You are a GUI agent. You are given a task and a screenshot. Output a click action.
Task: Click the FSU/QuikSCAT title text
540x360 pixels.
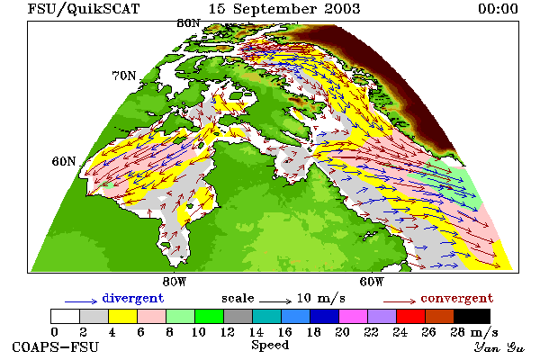(x=84, y=9)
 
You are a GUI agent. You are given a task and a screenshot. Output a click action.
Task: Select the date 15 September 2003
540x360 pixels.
(x=284, y=9)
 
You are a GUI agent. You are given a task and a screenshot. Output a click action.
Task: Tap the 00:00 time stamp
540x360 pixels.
(x=498, y=9)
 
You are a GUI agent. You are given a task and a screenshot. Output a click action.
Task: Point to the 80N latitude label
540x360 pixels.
(x=188, y=23)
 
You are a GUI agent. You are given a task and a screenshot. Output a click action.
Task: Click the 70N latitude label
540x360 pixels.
(x=124, y=76)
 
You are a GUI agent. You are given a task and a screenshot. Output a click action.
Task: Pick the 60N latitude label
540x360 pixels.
(x=64, y=161)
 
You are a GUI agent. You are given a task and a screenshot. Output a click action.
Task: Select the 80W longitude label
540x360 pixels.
(x=175, y=282)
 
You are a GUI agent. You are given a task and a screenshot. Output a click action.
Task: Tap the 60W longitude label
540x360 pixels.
(x=372, y=282)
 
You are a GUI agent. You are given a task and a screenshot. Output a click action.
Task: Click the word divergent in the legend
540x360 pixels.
(x=133, y=298)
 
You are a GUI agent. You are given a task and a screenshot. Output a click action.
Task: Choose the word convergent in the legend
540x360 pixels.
(x=456, y=298)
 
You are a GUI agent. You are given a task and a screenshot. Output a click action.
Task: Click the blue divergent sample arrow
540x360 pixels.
(x=81, y=301)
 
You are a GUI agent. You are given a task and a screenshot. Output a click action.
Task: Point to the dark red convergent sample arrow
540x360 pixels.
(x=400, y=301)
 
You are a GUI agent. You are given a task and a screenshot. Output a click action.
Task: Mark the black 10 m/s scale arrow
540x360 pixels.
(x=275, y=301)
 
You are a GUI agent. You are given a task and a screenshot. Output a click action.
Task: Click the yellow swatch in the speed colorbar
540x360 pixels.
(x=123, y=316)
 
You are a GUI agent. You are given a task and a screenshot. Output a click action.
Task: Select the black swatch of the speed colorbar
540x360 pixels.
(x=472, y=316)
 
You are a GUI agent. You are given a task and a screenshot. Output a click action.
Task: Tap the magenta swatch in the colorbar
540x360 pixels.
(x=354, y=316)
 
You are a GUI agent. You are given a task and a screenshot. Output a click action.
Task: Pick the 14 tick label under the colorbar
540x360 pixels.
(x=256, y=332)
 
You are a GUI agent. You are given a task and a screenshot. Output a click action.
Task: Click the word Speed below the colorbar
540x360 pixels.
(x=270, y=346)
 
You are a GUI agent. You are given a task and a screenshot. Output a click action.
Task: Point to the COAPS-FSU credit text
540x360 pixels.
(x=56, y=347)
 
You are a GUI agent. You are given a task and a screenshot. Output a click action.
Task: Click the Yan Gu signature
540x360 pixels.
(x=499, y=347)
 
